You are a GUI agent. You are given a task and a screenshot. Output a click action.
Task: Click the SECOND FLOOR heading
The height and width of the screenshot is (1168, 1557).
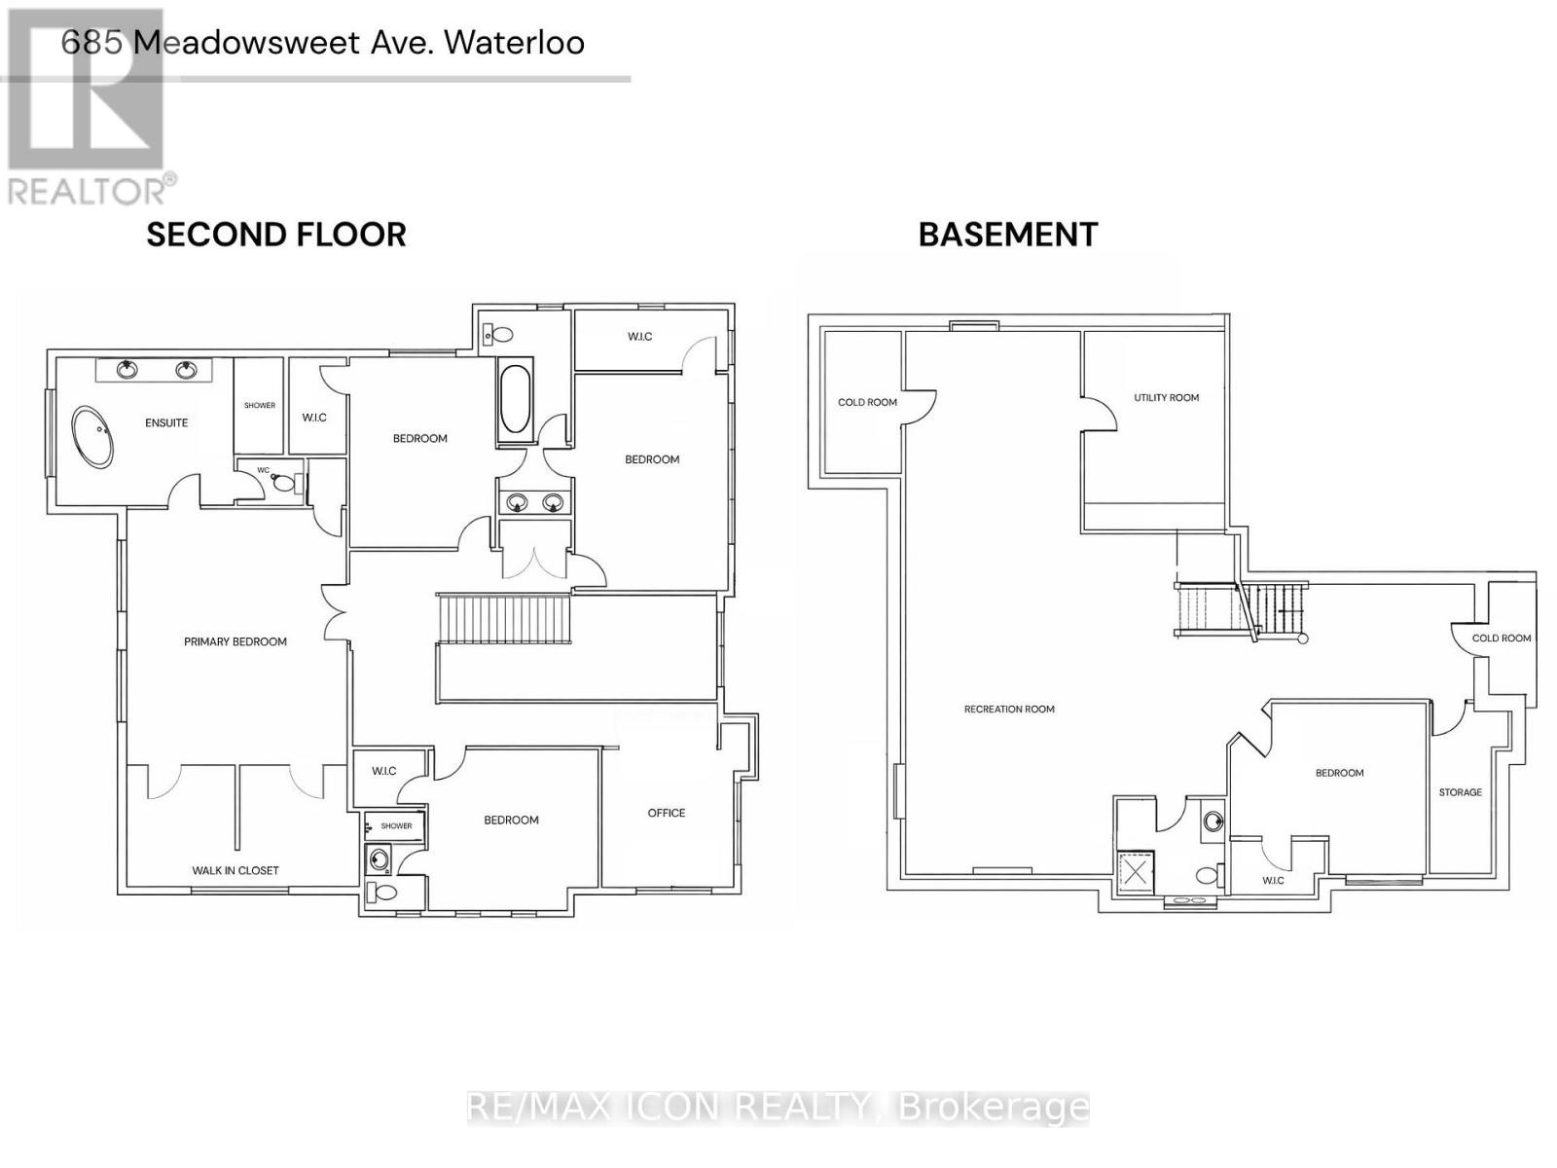(x=276, y=235)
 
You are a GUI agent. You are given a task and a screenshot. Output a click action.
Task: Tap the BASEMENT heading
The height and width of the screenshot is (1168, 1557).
(x=1008, y=235)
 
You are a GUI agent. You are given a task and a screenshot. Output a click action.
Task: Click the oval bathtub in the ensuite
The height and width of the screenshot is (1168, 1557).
(x=93, y=437)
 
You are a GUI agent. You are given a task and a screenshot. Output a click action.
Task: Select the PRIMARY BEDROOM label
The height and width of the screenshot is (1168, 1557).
(x=235, y=641)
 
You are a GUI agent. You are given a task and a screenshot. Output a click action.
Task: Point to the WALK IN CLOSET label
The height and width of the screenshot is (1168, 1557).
(x=235, y=870)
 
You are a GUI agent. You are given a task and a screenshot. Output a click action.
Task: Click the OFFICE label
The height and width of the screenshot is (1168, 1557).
(x=667, y=813)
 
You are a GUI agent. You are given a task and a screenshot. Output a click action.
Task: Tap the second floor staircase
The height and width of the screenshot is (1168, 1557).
(x=502, y=619)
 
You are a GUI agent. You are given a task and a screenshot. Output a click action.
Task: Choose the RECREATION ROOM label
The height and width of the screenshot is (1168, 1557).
(x=1009, y=709)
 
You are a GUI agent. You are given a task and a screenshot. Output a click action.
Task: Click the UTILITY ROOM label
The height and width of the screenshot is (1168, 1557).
(x=1166, y=397)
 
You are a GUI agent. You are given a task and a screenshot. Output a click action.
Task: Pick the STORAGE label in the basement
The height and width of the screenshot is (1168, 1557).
(x=1461, y=792)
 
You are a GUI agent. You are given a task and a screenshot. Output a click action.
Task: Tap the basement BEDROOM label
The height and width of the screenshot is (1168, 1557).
(x=1339, y=773)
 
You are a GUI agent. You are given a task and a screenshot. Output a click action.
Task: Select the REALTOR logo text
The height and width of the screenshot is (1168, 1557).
(x=92, y=189)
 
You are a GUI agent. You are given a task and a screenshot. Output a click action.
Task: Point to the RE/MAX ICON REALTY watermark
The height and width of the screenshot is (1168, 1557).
(x=778, y=1107)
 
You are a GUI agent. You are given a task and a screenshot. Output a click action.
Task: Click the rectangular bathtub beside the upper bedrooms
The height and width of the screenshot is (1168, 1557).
(x=515, y=398)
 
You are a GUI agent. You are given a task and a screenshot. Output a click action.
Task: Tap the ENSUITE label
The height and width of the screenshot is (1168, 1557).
(x=166, y=422)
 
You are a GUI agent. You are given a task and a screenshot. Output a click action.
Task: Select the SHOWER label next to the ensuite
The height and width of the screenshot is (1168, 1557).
(x=260, y=405)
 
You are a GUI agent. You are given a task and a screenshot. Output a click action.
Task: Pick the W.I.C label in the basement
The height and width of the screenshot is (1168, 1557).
(x=1273, y=880)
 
